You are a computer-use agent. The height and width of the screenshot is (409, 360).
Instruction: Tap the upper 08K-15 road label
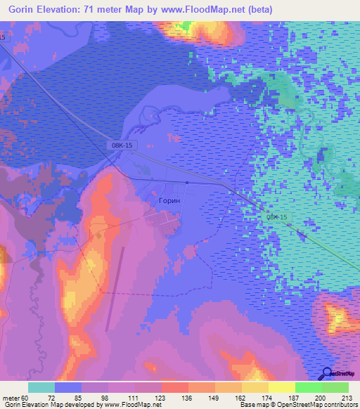[122, 145]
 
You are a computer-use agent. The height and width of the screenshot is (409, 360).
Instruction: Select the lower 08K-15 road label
[277, 218]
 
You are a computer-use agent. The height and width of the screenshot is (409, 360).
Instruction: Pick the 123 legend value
[162, 397]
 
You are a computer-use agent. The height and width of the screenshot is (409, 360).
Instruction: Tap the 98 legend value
[108, 397]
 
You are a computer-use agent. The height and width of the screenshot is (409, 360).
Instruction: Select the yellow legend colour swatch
[282, 387]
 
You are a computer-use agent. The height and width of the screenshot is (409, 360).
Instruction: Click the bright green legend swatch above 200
[309, 387]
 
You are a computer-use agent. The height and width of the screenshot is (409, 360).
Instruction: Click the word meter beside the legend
[11, 397]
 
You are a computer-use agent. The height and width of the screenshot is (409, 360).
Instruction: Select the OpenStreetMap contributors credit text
[317, 405]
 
